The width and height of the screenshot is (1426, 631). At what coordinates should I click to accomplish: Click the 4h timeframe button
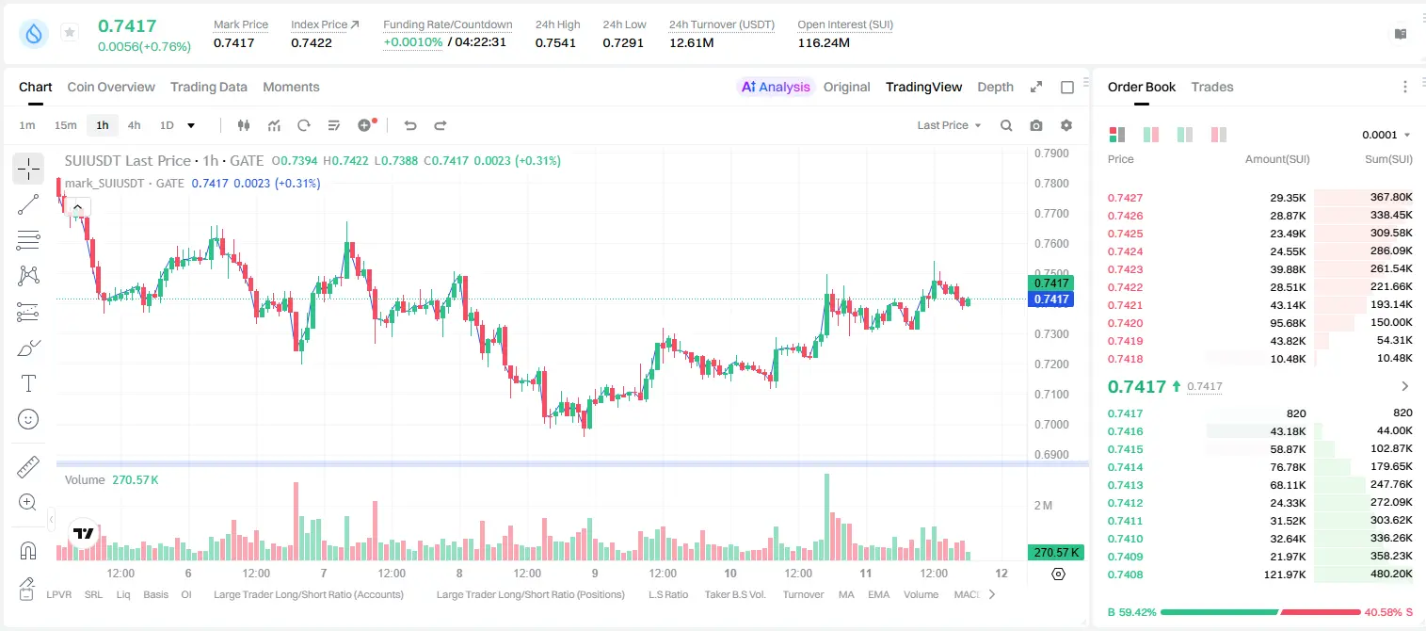click(134, 125)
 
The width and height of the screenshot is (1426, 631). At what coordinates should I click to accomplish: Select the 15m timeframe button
click(65, 125)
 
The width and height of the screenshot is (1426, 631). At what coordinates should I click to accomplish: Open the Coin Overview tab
click(111, 87)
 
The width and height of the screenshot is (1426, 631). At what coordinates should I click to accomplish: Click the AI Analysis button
click(776, 87)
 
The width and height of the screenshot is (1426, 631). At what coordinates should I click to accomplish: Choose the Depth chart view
click(995, 87)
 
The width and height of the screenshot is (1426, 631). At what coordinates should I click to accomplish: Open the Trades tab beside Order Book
click(1212, 87)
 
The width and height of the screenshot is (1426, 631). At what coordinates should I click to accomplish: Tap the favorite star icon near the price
click(70, 32)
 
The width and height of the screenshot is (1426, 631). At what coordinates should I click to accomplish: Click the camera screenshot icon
click(1036, 125)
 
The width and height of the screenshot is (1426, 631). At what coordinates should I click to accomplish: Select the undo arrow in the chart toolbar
click(410, 125)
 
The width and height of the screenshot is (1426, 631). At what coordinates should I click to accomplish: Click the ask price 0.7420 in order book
click(1125, 323)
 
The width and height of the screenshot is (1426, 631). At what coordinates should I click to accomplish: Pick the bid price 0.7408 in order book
click(1125, 574)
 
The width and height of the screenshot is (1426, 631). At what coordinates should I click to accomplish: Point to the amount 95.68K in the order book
click(1288, 323)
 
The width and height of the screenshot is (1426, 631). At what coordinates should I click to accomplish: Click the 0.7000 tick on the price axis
click(1051, 425)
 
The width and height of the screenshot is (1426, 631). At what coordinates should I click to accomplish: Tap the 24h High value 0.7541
click(555, 42)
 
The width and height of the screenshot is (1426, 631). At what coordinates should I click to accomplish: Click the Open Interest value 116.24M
click(824, 42)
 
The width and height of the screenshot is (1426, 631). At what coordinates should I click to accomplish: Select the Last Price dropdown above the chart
click(949, 125)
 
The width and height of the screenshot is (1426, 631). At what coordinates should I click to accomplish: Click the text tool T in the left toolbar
click(28, 384)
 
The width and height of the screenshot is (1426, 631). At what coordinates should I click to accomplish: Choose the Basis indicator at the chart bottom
click(155, 594)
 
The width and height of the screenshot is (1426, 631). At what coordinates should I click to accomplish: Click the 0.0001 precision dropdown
click(1386, 135)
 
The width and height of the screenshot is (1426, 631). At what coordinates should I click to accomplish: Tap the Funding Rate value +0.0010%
click(412, 42)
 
